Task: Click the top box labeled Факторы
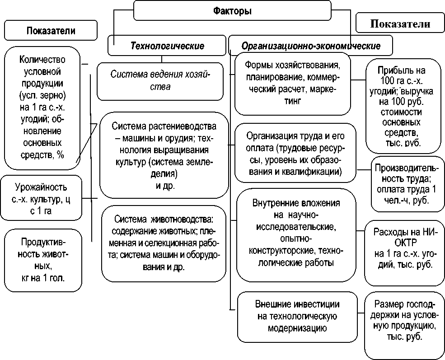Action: (232, 11)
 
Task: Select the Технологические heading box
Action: (167, 46)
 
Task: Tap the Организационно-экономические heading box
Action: (311, 46)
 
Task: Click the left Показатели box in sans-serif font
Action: (51, 31)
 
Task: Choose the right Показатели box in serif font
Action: (400, 24)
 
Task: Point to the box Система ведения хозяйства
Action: (160, 80)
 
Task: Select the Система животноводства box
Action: (164, 243)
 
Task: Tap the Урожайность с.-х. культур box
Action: (41, 198)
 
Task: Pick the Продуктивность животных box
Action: (42, 260)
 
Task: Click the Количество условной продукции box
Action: (42, 108)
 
